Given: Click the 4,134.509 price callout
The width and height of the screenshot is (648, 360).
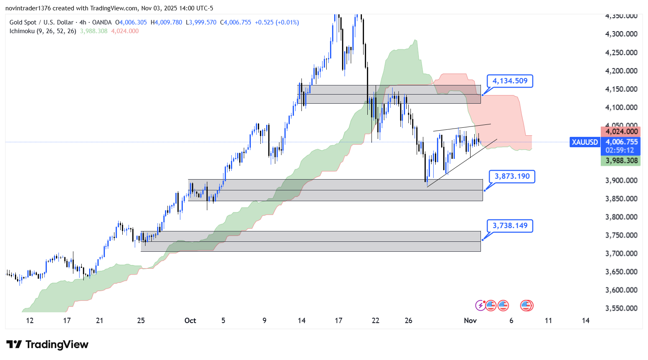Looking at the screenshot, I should pyautogui.click(x=510, y=81).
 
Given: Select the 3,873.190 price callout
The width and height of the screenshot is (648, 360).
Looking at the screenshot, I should pyautogui.click(x=512, y=176).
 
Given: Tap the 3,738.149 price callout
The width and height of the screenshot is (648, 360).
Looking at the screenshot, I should pyautogui.click(x=510, y=226).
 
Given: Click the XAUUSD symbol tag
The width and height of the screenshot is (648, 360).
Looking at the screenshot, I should pyautogui.click(x=585, y=142).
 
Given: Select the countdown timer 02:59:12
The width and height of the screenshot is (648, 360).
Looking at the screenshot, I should pyautogui.click(x=620, y=150).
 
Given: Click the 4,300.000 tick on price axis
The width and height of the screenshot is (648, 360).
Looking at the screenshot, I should pyautogui.click(x=621, y=34).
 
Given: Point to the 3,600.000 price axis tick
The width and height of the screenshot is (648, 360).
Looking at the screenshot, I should pyautogui.click(x=621, y=290).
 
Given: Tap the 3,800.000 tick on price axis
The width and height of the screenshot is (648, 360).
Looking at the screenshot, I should pyautogui.click(x=621, y=217).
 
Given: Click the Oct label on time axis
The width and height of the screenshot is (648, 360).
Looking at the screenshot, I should pyautogui.click(x=190, y=320).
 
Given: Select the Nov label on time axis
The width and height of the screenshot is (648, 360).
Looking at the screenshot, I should pyautogui.click(x=470, y=320).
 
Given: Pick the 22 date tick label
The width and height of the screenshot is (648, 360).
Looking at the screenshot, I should pyautogui.click(x=376, y=320).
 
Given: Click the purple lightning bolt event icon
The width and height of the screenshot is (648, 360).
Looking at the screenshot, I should pyautogui.click(x=480, y=306).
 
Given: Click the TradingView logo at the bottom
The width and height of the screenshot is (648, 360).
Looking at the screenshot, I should pyautogui.click(x=48, y=345).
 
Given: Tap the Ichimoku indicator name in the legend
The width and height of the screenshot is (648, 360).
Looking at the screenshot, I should pyautogui.click(x=22, y=31).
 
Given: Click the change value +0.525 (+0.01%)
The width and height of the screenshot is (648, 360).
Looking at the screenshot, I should pyautogui.click(x=277, y=22).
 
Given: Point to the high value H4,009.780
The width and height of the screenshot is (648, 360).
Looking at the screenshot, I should pyautogui.click(x=166, y=22).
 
